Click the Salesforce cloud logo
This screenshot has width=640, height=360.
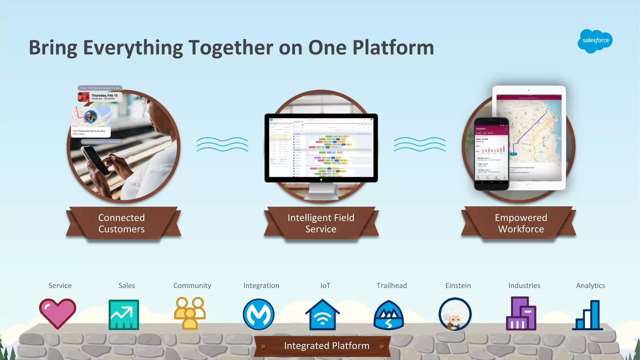coord(595,41)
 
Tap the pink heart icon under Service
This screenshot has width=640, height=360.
coord(57,313)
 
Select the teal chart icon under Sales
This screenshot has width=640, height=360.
coord(124,315)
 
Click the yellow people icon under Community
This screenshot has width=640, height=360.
coord(190,313)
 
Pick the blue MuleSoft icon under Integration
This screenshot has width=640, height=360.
coord(258,314)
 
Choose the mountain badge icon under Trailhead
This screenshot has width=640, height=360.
coord(388,315)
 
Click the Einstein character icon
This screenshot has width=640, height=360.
coord(455,314)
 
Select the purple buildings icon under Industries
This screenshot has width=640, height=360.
coord(521,314)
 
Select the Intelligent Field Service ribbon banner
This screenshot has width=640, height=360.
coord(321,223)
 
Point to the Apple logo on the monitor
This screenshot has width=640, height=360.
coord(321,180)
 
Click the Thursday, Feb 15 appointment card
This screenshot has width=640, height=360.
coord(100,97)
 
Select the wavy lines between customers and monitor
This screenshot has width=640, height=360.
coord(222,144)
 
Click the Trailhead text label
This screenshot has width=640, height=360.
coord(392,286)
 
